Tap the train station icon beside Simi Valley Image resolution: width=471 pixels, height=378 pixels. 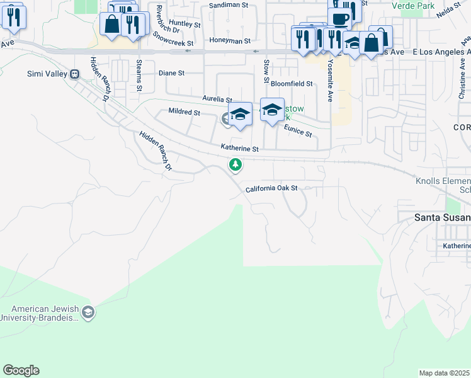tap(75, 74)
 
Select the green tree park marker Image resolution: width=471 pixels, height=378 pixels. tap(235, 165)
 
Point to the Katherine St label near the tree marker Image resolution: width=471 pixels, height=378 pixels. tap(239, 148)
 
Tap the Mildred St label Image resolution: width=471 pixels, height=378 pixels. tap(184, 112)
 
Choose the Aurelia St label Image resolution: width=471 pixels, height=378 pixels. tap(217, 99)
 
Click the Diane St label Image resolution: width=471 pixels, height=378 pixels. tap(171, 73)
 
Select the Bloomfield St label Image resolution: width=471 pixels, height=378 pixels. tap(292, 83)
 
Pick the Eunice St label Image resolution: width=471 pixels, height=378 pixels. tap(298, 130)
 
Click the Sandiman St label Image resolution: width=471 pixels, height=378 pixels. tap(229, 4)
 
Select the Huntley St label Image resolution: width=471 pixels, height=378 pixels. tap(184, 23)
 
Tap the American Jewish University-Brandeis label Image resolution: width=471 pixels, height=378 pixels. tap(44, 313)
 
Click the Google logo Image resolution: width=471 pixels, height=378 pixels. tap(21, 370)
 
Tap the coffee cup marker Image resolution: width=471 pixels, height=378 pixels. tap(339, 20)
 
